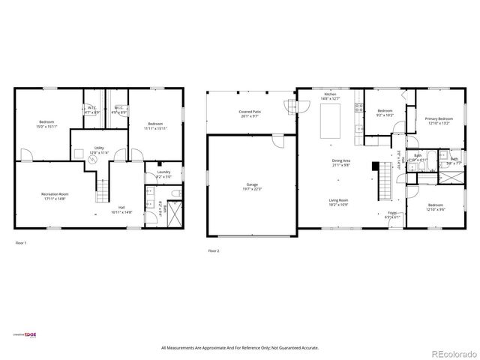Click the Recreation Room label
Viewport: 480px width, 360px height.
[50, 196]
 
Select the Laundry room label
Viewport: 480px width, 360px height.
[163, 175]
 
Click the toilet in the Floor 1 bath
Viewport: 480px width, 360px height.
[174, 194]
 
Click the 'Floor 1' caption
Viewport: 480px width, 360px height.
[21, 243]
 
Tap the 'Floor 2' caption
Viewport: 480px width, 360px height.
[214, 250]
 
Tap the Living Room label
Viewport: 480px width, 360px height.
[338, 202]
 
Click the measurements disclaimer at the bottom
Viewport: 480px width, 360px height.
[239, 348]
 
